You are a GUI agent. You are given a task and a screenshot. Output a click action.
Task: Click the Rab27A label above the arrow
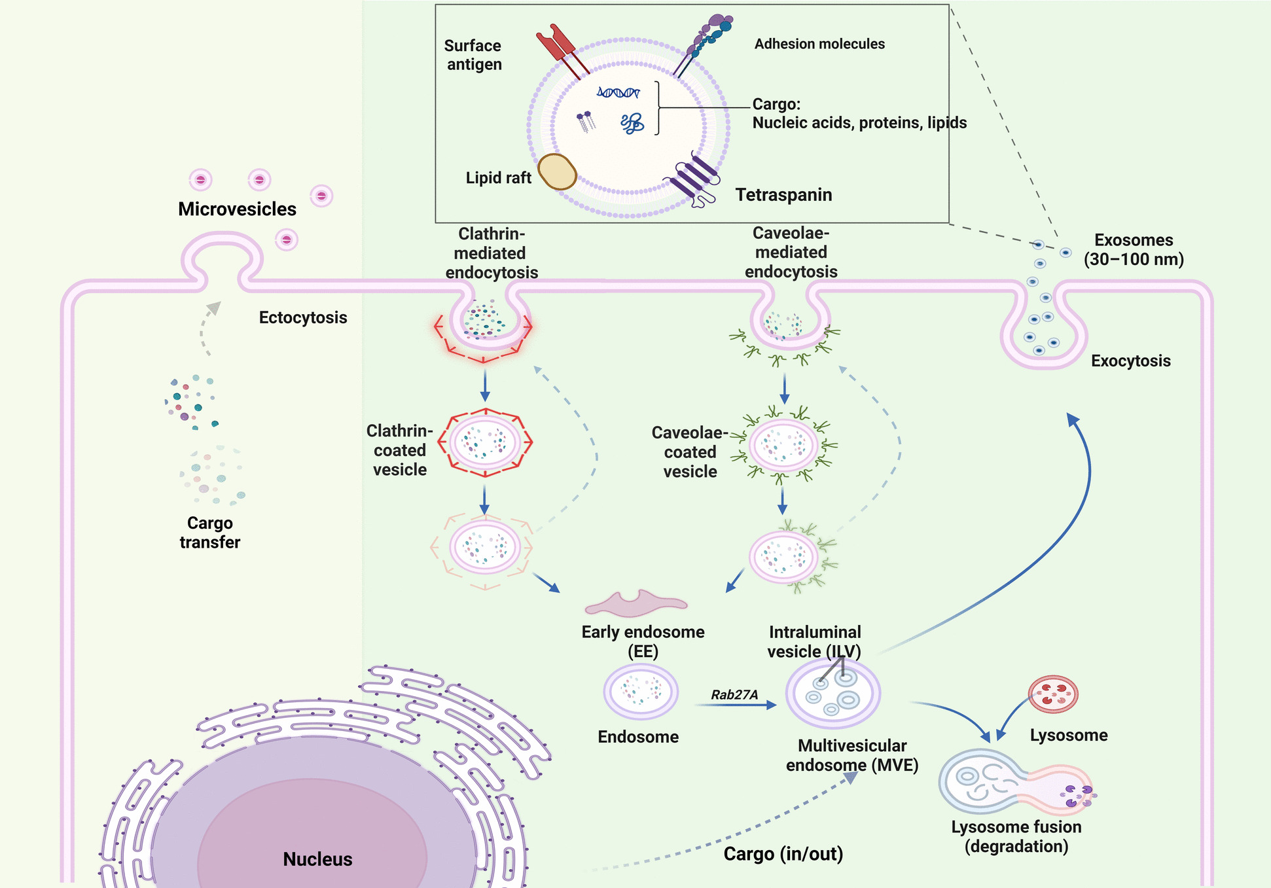coord(734,695)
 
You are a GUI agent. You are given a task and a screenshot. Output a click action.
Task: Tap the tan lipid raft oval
coord(557,171)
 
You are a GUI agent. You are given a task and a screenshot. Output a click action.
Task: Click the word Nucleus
coord(317,859)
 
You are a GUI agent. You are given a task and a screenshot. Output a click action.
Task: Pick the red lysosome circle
coord(1053,694)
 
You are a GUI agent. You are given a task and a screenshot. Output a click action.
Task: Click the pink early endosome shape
coord(635,604)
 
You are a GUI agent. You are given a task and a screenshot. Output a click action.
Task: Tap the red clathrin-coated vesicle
coord(485,442)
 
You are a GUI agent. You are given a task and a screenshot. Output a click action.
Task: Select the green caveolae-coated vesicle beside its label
coord(783,446)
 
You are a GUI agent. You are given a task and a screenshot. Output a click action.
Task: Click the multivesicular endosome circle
coord(833,694)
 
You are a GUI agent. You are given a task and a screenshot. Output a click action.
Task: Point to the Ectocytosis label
coord(303,317)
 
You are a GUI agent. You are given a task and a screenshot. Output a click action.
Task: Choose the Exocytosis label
coord(1130,361)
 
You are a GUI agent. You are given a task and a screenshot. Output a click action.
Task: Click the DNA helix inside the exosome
coord(618,92)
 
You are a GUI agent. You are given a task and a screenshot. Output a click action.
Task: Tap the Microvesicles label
coord(237,209)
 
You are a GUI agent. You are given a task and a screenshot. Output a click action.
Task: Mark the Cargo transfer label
coord(210,532)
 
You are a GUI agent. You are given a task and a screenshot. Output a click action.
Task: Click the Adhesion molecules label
coord(819,44)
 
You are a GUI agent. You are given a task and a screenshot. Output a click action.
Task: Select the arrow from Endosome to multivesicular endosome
coord(735,705)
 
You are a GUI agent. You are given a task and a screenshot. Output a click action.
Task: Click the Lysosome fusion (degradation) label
coord(1016,836)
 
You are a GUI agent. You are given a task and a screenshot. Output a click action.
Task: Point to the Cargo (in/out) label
coord(783,854)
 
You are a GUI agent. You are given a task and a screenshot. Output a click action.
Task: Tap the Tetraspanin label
coord(783,195)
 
